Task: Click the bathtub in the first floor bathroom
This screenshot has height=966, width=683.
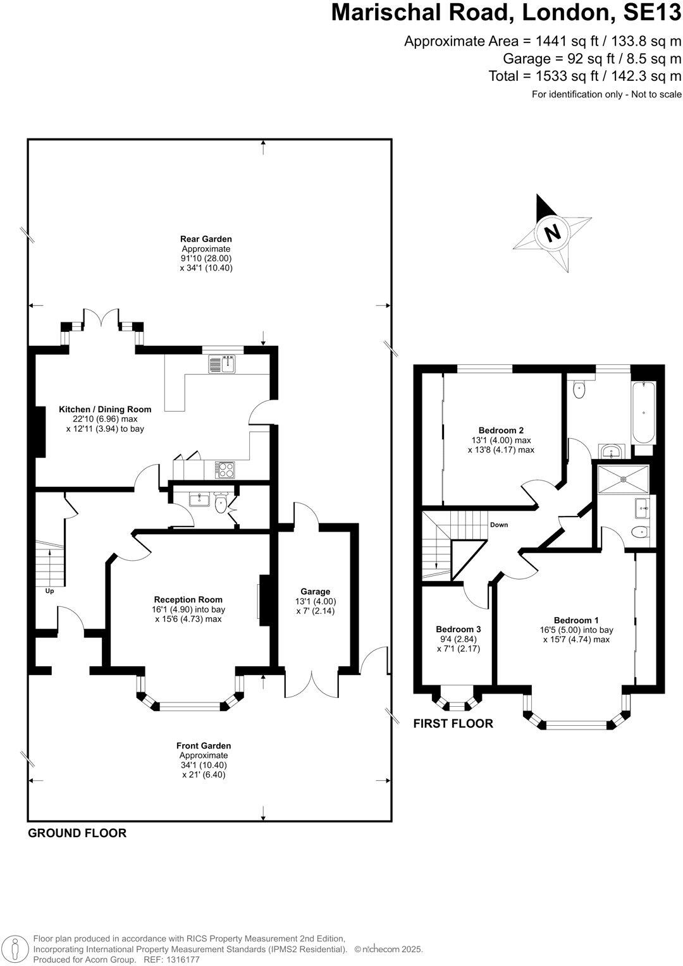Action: [644, 412]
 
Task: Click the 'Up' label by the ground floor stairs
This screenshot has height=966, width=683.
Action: [49, 591]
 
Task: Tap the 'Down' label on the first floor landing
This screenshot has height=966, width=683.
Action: [498, 525]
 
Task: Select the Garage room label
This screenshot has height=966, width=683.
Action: [315, 592]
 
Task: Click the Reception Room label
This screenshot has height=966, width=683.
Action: [188, 599]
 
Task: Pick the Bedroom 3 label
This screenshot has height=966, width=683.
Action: [458, 629]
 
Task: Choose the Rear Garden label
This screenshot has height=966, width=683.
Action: [206, 239]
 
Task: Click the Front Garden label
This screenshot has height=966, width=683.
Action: [204, 746]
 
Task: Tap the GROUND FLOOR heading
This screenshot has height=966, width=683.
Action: [77, 833]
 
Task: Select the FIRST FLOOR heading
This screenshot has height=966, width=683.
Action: [453, 724]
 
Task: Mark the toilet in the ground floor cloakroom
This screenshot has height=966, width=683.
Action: [221, 504]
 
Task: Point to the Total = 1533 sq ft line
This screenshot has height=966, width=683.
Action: [585, 76]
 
